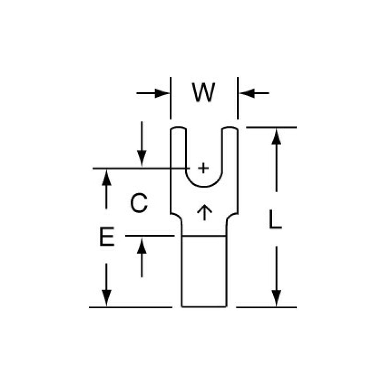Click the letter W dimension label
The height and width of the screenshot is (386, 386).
[x=204, y=92]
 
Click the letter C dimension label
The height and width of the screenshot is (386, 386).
[x=139, y=203]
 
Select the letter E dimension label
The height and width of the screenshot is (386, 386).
[x=107, y=237]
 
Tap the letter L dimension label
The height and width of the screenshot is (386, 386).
[x=275, y=219]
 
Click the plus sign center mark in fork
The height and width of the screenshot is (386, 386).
[x=203, y=168]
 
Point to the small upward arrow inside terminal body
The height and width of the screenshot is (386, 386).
[x=205, y=212]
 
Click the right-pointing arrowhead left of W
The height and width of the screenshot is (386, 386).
[x=162, y=93]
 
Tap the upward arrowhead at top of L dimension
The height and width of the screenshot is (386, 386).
[x=276, y=136]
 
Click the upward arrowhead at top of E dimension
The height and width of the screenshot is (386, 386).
[x=106, y=178]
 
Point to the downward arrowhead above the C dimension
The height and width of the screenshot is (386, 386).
[x=142, y=159]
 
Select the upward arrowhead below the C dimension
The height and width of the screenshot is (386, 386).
[x=142, y=245]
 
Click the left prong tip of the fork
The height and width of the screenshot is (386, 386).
[x=178, y=128]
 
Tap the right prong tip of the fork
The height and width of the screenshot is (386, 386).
[x=230, y=128]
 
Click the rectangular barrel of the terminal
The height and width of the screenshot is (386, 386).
[x=204, y=271]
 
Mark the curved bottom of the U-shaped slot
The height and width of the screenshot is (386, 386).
[x=204, y=187]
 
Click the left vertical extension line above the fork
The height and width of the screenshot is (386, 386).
[x=170, y=98]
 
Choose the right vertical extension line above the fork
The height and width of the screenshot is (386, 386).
[x=237, y=98]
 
